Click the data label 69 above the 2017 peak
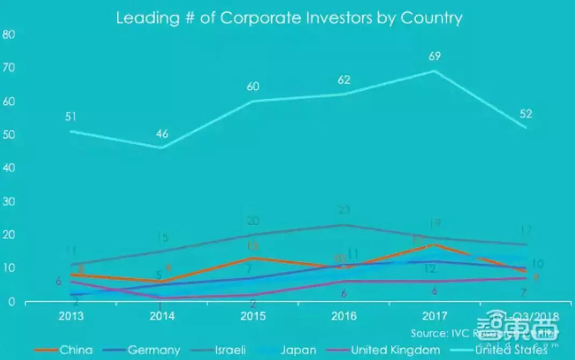coord(435,56)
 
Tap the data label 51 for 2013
coord(70,117)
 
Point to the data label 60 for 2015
coord(253,87)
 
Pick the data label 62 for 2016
coord(344,80)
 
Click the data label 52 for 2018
coord(526,113)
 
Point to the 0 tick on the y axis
coord(10,302)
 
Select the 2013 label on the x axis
coord(71,316)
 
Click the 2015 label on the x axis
coord(253,316)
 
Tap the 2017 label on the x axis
coord(435,316)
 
